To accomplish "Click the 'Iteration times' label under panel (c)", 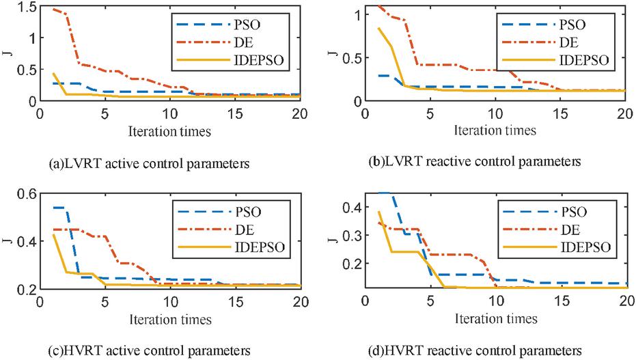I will (170, 318).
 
